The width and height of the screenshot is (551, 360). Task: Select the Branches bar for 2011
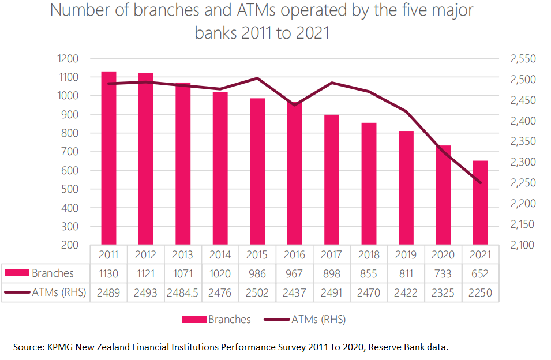(x=108, y=158)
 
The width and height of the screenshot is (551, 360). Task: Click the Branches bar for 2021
(x=480, y=202)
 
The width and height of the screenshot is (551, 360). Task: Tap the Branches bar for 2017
(x=332, y=179)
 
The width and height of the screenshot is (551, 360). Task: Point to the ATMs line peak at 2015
(x=257, y=78)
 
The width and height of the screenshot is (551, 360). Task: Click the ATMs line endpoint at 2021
(x=480, y=183)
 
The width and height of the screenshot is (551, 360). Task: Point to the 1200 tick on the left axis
(x=68, y=58)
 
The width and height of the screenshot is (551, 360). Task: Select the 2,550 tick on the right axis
(x=523, y=58)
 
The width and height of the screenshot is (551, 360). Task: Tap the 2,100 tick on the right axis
(x=523, y=245)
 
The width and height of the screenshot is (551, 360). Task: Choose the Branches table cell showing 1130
(x=108, y=273)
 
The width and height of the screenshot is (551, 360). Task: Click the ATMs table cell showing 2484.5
(x=183, y=292)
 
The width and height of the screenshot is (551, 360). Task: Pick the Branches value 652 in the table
(x=480, y=273)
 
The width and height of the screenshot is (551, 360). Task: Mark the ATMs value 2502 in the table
(x=257, y=292)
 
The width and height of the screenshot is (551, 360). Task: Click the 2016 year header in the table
(x=294, y=254)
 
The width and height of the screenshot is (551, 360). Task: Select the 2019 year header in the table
(x=406, y=254)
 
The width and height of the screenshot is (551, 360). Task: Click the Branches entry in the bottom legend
(x=229, y=319)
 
